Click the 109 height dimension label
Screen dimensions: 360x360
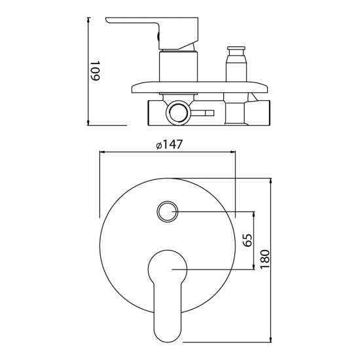pos(96,71)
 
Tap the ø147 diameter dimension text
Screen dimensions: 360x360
pos(170,145)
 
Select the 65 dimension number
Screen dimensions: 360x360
pos(247,240)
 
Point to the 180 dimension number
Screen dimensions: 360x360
pos(264,259)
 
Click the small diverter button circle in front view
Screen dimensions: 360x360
pos(167,211)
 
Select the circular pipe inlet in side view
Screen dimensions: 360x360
pos(179,113)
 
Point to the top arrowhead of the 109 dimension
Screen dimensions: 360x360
pos(88,19)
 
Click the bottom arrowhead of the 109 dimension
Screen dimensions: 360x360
pos(88,123)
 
